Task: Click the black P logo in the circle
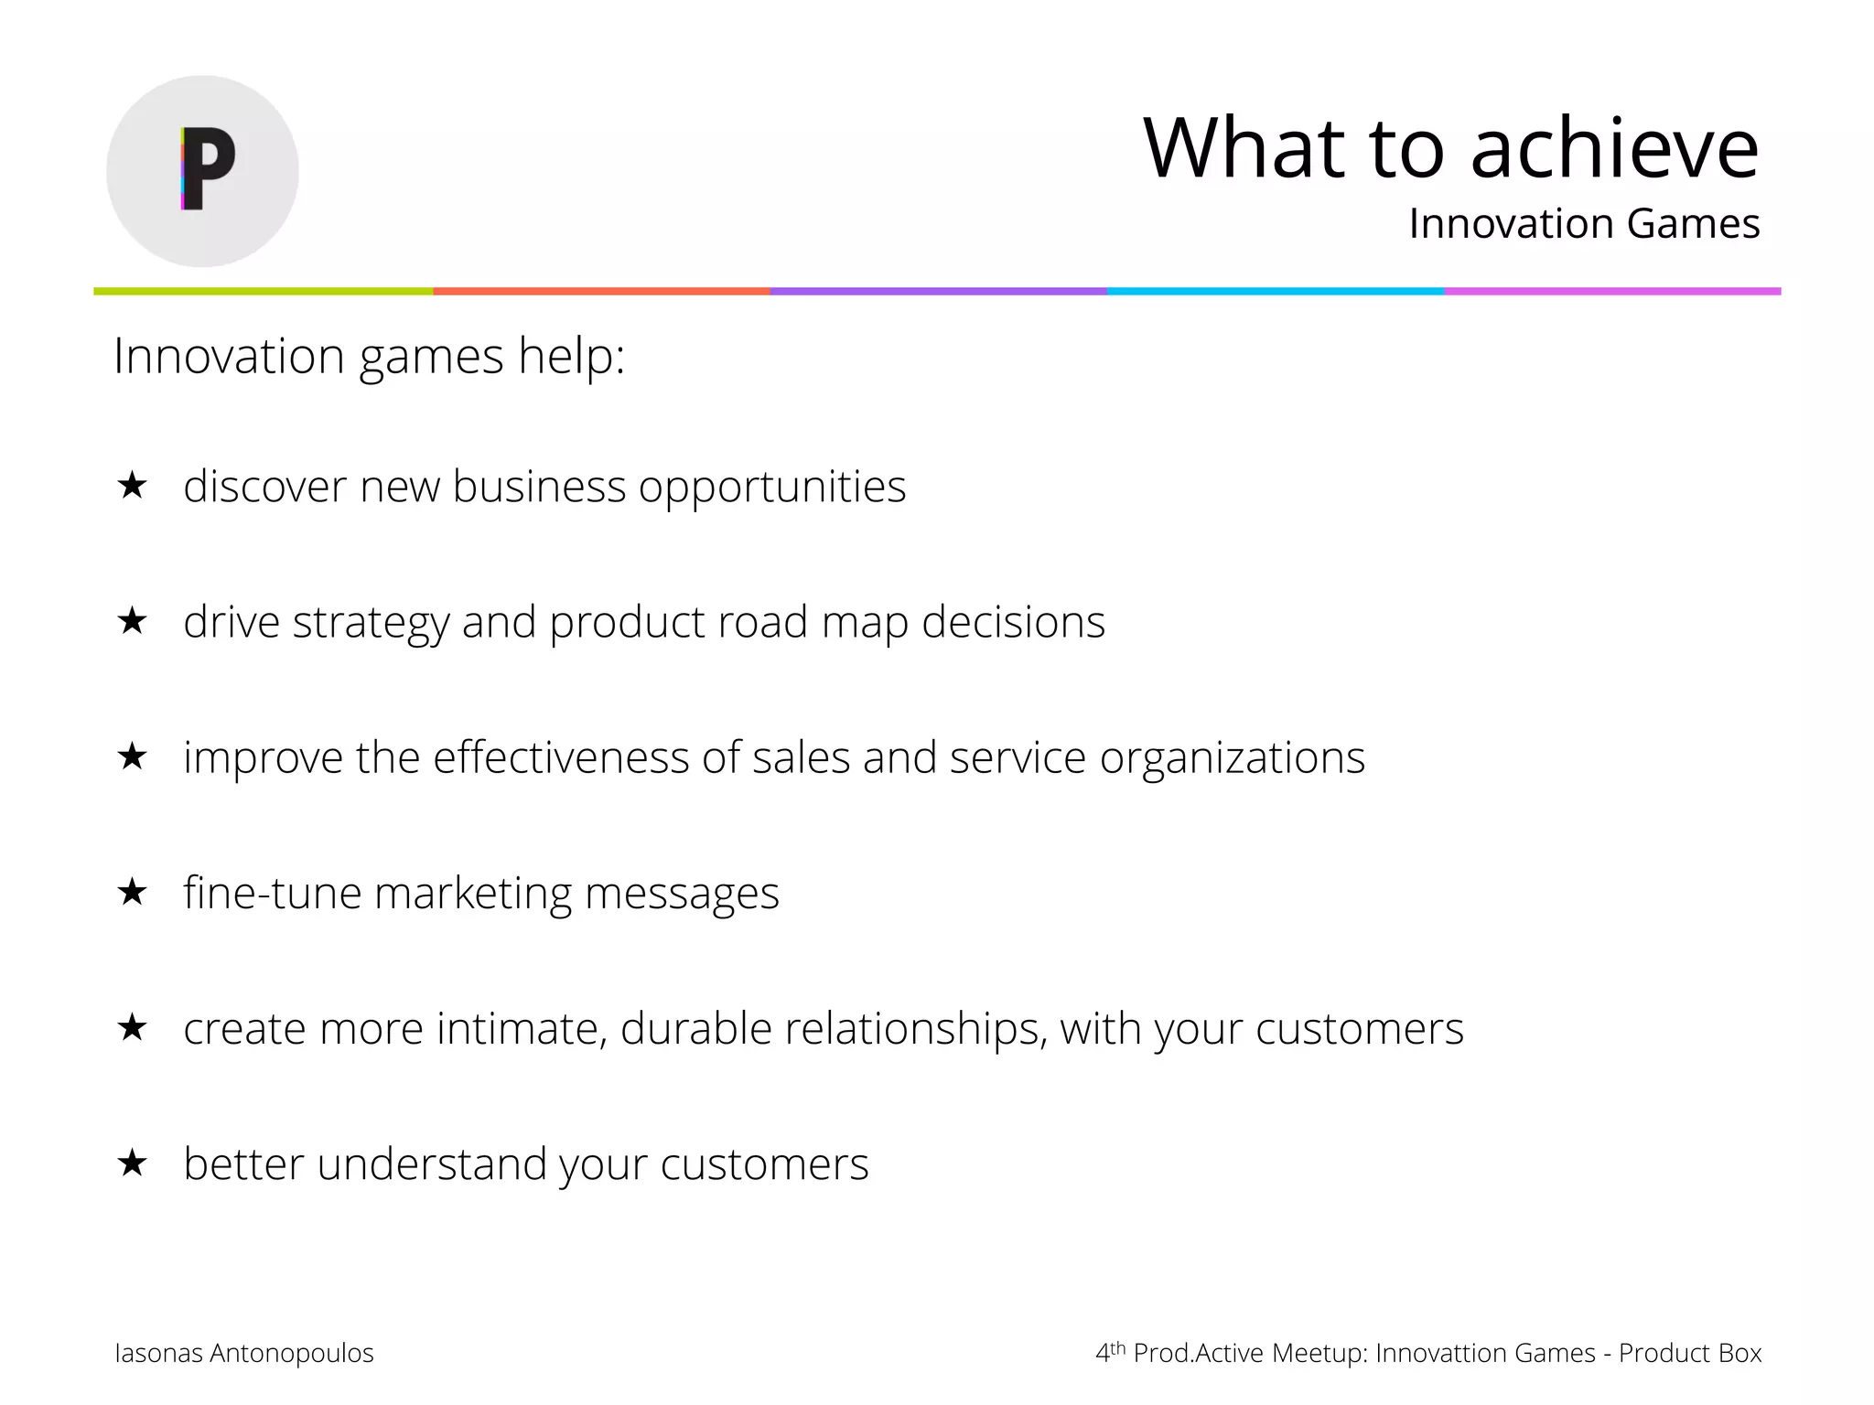(x=208, y=169)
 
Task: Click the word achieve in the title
(x=1614, y=149)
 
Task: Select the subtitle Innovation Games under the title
(x=1583, y=224)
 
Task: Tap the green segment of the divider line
(x=264, y=291)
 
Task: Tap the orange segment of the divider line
(x=601, y=291)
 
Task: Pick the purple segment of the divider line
(x=938, y=291)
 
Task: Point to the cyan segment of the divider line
(x=1275, y=291)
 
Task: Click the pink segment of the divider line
(x=1612, y=291)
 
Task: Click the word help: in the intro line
(x=571, y=356)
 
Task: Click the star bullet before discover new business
(x=133, y=486)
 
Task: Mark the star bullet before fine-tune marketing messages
(x=133, y=892)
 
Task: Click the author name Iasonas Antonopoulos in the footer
(x=243, y=1353)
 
